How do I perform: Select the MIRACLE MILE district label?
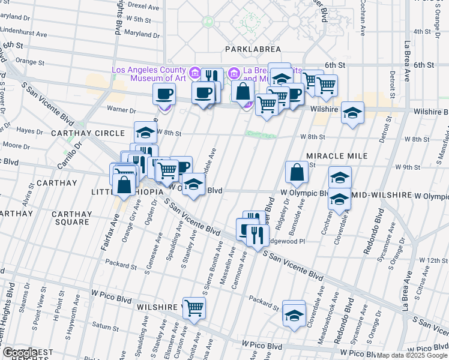click(336, 156)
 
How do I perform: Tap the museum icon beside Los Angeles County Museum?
click(195, 74)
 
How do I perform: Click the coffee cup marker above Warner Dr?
click(164, 94)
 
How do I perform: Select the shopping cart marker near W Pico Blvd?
click(194, 308)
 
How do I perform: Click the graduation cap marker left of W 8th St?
click(144, 133)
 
